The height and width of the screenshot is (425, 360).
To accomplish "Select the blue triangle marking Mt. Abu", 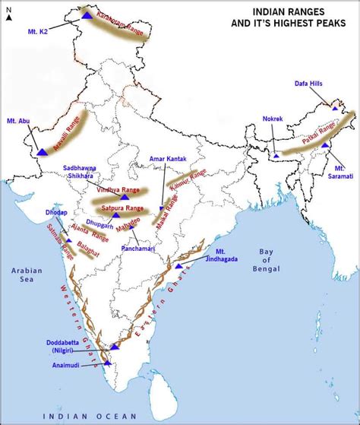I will [43, 151].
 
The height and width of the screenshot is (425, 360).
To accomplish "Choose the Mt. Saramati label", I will [342, 170].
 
